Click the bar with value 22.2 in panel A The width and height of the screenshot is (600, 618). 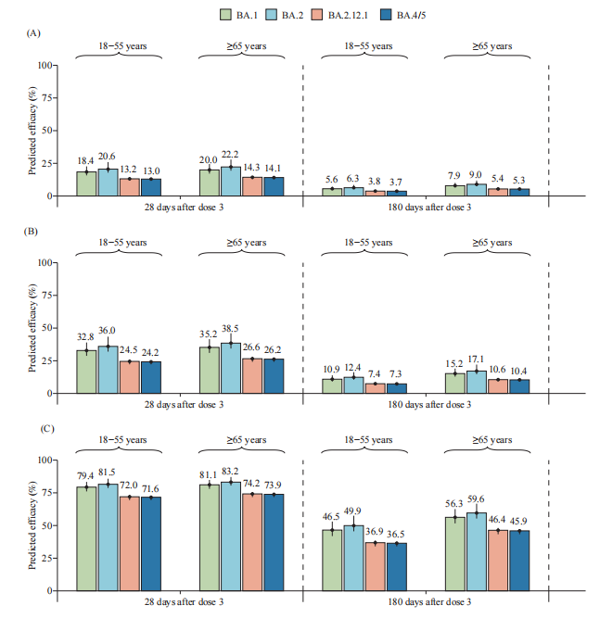pyautogui.click(x=231, y=182)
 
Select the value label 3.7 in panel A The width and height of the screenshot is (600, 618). pyautogui.click(x=396, y=181)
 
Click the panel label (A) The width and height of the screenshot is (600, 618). pyautogui.click(x=33, y=32)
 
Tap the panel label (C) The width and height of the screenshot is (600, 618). pyautogui.click(x=33, y=427)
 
